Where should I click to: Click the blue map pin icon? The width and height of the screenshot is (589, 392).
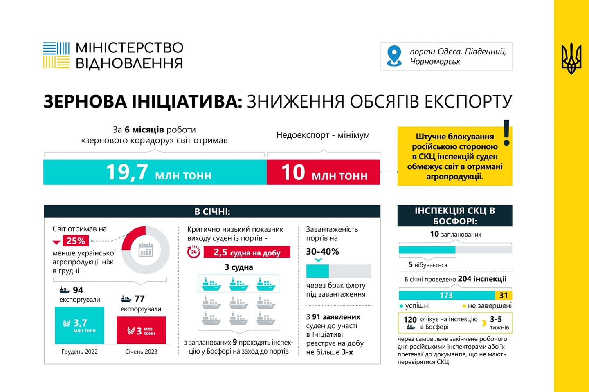[394, 56]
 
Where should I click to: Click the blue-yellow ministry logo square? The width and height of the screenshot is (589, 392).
[56, 55]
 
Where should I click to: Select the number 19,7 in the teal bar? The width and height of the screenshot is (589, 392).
[127, 172]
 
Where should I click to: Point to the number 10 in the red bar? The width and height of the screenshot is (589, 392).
[293, 172]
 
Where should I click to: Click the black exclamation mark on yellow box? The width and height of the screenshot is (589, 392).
[506, 132]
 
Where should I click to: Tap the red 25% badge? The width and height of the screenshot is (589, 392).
[76, 241]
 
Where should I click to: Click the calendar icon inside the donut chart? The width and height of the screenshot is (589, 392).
[146, 250]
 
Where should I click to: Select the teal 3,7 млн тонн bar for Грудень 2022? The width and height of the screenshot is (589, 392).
[79, 325]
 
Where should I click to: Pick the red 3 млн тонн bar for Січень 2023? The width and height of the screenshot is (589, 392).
[141, 330]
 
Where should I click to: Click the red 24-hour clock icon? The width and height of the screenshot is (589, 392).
[194, 252]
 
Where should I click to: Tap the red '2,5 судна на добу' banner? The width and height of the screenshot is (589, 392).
[247, 252]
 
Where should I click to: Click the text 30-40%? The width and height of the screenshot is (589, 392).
[322, 251]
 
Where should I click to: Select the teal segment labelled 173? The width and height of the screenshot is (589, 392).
[446, 295]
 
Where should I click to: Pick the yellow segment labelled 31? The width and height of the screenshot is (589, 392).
[504, 295]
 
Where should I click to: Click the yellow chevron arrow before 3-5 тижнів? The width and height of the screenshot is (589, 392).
[484, 323]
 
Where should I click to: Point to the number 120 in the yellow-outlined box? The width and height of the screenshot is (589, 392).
[410, 320]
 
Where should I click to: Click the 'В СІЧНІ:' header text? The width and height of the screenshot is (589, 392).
[212, 211]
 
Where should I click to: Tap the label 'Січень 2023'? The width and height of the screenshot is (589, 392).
[141, 352]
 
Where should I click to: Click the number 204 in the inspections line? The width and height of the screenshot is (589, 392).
[465, 279]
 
